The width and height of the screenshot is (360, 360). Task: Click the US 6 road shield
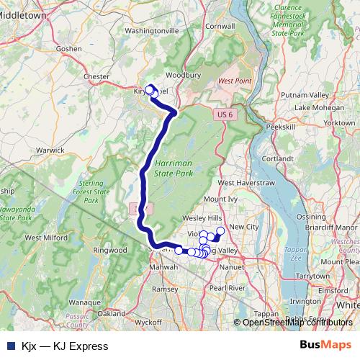pos(225,114)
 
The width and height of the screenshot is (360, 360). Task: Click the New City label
pos(243,227)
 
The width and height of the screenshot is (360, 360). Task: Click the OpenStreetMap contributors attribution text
pos(297,323)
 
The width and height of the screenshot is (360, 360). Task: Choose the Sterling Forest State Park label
pos(91,192)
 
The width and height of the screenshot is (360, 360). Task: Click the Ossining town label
pos(311,216)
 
